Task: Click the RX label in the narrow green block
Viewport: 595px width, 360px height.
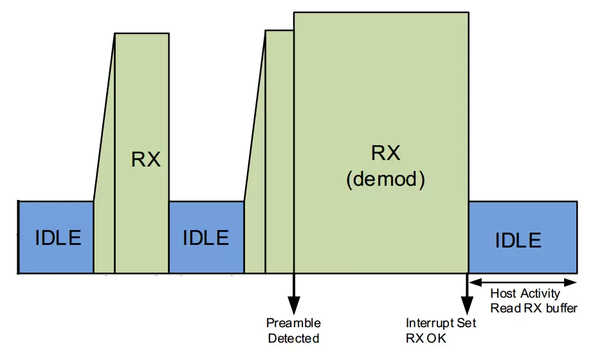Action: (x=146, y=159)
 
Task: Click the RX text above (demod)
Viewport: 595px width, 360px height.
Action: (x=385, y=153)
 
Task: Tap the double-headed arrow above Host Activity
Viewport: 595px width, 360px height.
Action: (x=522, y=282)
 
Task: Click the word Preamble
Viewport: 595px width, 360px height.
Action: (x=293, y=323)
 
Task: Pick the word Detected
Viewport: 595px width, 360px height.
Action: (x=293, y=338)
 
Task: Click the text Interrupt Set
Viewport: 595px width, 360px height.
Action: (x=441, y=323)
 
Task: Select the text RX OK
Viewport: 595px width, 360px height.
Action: (x=426, y=338)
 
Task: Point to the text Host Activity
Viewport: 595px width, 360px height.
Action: (x=525, y=294)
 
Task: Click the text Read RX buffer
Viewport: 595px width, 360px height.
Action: (x=534, y=308)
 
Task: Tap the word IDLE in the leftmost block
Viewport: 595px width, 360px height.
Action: (x=58, y=238)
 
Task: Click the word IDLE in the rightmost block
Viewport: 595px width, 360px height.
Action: (x=518, y=240)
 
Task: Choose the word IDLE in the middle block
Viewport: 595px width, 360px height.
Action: (x=206, y=238)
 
